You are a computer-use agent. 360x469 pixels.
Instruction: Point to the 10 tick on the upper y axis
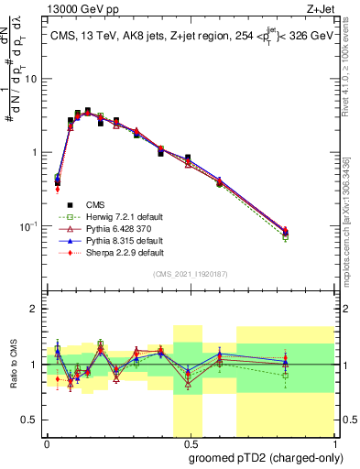pyautogui.click(x=35, y=79)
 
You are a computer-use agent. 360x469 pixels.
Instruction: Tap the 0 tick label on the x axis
pyautogui.click(x=47, y=443)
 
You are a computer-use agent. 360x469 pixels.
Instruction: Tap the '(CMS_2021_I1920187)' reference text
pyautogui.click(x=190, y=275)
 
